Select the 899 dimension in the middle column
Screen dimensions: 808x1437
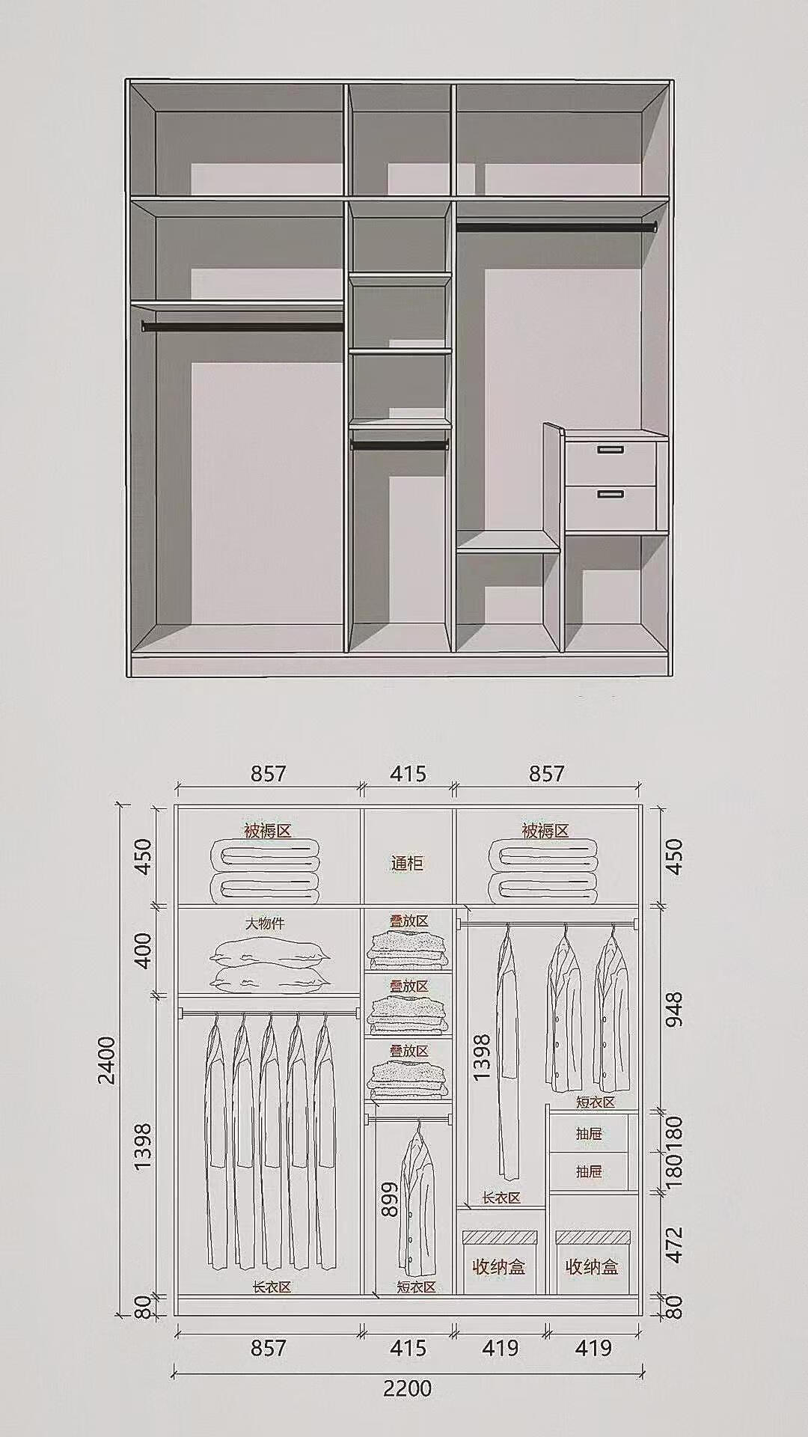pyautogui.click(x=389, y=1200)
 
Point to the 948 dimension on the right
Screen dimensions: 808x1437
pyautogui.click(x=674, y=1010)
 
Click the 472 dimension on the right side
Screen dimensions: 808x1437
pyautogui.click(x=674, y=1244)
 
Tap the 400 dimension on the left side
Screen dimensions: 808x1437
pyautogui.click(x=142, y=951)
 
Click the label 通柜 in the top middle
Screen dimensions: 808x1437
pyautogui.click(x=407, y=863)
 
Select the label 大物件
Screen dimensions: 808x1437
pyautogui.click(x=266, y=924)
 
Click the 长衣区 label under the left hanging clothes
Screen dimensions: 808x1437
pyautogui.click(x=271, y=1287)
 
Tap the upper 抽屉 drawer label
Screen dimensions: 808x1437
pyautogui.click(x=589, y=1134)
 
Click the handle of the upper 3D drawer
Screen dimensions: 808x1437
pyautogui.click(x=610, y=450)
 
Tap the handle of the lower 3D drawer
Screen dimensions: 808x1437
pyautogui.click(x=610, y=494)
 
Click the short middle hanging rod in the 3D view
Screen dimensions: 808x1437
pyautogui.click(x=400, y=445)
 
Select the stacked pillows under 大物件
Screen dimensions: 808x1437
pyautogui.click(x=271, y=965)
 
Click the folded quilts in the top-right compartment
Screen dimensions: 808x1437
pyautogui.click(x=544, y=870)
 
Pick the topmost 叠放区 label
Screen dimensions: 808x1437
pyautogui.click(x=408, y=921)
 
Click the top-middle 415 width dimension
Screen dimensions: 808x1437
pyautogui.click(x=408, y=773)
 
